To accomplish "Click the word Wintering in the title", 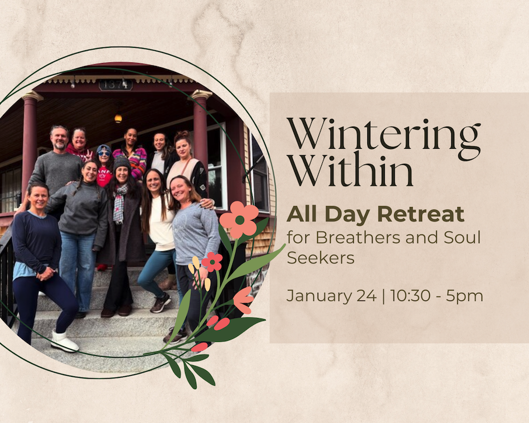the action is tap(384, 138).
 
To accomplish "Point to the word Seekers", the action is tap(321, 258).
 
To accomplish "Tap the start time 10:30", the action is tap(410, 296).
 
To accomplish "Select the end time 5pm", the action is tap(464, 296).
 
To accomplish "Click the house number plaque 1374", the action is tap(116, 85).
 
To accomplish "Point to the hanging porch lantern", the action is tap(118, 117).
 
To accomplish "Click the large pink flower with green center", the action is tap(239, 220).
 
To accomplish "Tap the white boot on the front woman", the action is tap(64, 341).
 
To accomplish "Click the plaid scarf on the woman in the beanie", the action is tap(120, 203).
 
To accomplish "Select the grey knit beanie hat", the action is tap(121, 163).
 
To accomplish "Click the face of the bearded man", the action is tap(60, 138).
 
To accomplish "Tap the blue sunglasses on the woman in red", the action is tap(105, 153).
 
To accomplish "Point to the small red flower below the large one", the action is tap(212, 262).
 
